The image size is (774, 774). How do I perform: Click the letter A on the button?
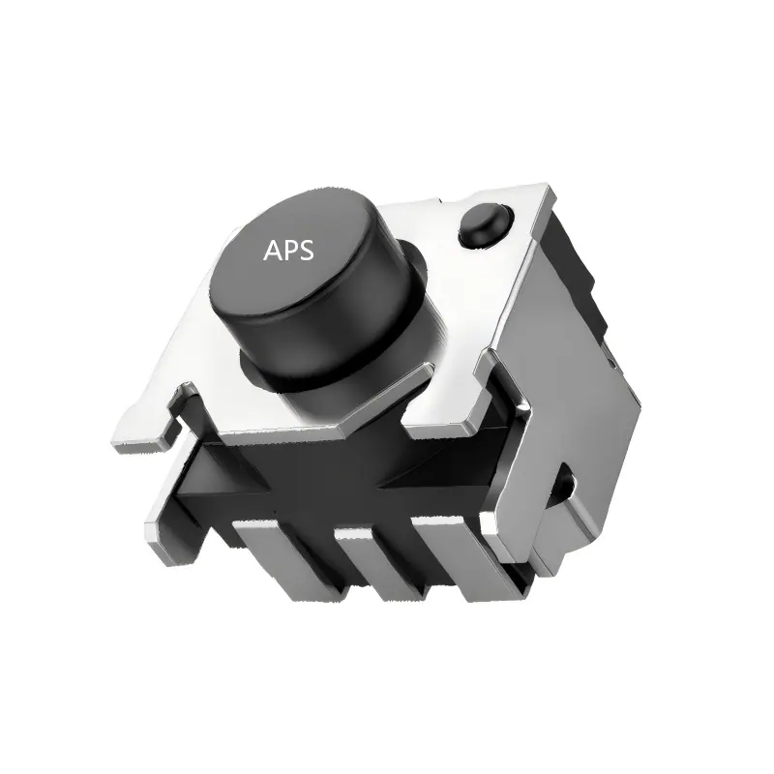pos(274,251)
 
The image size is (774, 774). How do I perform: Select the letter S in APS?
pos(306,251)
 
